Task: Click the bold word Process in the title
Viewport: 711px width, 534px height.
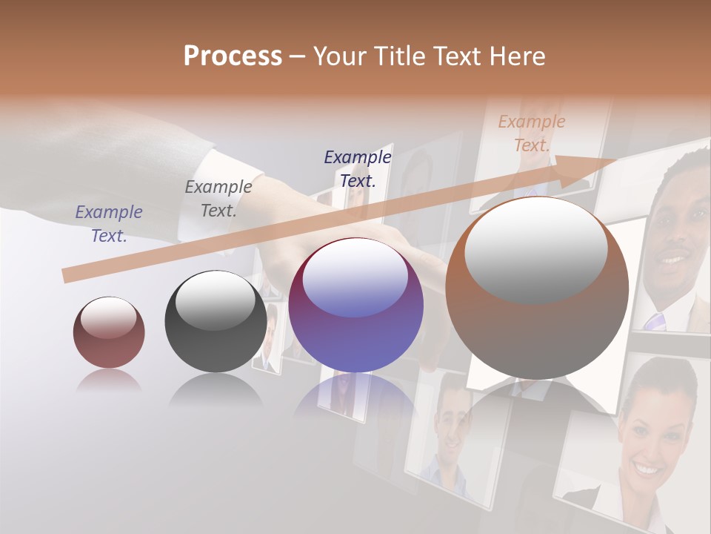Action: [x=233, y=56]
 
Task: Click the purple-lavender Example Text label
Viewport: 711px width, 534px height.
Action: [x=109, y=223]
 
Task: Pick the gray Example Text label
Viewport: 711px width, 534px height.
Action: [x=218, y=198]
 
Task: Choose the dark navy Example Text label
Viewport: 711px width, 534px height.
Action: [x=358, y=168]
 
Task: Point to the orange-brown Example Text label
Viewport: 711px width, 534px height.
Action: [x=532, y=133]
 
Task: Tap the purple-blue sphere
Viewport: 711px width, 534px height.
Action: [x=356, y=306]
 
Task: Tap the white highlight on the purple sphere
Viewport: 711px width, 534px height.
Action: [x=355, y=278]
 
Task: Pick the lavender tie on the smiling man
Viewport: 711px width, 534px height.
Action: [x=654, y=322]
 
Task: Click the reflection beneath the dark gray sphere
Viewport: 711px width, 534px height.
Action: [x=216, y=390]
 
